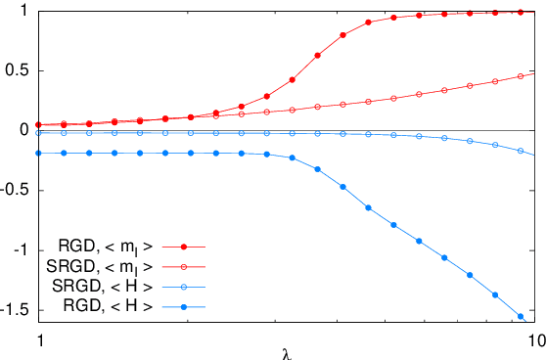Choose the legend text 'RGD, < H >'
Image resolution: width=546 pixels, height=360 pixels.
103,308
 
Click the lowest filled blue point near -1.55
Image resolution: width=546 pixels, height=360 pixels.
520,316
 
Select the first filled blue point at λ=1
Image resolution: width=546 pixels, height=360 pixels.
39,154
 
